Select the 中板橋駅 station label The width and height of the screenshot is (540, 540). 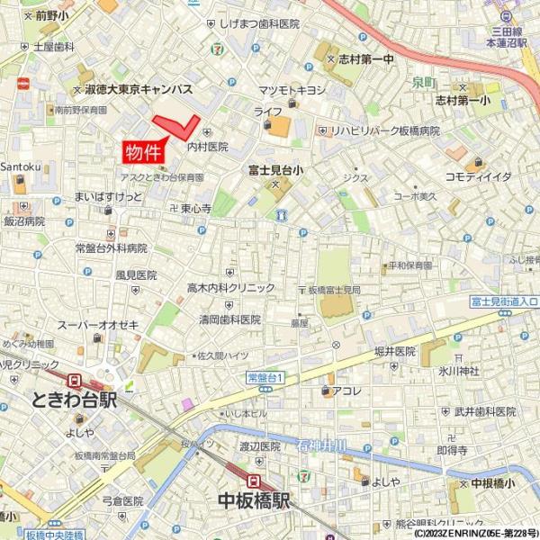tap(255, 500)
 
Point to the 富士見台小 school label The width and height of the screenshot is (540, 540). tap(276, 168)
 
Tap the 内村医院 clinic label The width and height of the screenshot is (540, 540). tap(208, 146)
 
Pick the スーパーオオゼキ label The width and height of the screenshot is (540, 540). tap(97, 324)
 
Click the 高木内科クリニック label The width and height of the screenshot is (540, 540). tap(230, 288)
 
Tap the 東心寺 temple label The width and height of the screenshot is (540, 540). tap(195, 209)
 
